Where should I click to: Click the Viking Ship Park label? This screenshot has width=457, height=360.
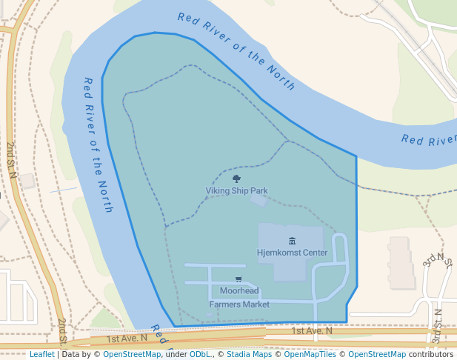(x=236, y=190)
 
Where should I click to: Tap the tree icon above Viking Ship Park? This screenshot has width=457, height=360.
(x=236, y=179)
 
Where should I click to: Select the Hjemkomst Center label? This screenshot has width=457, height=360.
(x=292, y=253)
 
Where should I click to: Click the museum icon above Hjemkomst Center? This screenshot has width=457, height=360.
(x=292, y=241)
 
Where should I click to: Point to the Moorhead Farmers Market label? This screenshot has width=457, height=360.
(x=238, y=298)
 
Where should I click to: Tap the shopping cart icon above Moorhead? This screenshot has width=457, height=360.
(x=238, y=279)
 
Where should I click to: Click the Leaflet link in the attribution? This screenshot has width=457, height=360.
(x=41, y=355)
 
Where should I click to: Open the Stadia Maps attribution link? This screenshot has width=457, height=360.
(x=249, y=355)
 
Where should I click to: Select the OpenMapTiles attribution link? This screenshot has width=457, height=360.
(x=310, y=355)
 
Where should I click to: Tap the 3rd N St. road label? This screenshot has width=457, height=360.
(x=437, y=259)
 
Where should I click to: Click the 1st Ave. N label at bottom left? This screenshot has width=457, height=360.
(x=127, y=338)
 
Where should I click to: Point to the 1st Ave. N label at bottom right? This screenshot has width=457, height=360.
(x=312, y=330)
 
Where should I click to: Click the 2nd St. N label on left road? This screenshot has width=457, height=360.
(x=11, y=159)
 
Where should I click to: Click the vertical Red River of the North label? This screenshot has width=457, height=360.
(x=99, y=144)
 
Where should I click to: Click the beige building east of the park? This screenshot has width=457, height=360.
(x=399, y=262)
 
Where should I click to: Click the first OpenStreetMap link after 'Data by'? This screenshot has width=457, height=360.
(x=132, y=355)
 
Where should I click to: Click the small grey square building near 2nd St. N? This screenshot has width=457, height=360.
(x=27, y=180)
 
